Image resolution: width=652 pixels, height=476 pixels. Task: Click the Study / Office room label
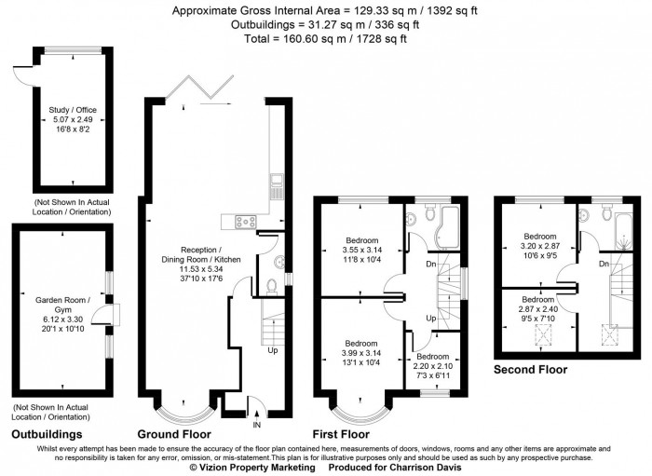[73, 110]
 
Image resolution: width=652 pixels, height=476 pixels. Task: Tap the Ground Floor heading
[173, 434]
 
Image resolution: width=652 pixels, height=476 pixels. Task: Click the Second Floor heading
[530, 369]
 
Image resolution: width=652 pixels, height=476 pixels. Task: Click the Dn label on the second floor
[604, 264]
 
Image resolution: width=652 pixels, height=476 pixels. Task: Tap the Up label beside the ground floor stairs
[272, 351]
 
